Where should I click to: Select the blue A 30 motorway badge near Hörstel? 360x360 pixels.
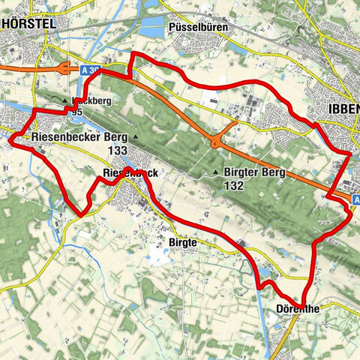pyautogui.click(x=89, y=70)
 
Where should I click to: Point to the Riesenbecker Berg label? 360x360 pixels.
pyautogui.click(x=79, y=138)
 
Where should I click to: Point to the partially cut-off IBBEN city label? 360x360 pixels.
pyautogui.click(x=343, y=109)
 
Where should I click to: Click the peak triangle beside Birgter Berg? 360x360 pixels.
pyautogui.click(x=217, y=173)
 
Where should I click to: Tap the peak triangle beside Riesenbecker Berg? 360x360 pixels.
pyautogui.click(x=136, y=138)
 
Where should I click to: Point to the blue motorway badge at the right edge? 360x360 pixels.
pyautogui.click(x=355, y=198)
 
